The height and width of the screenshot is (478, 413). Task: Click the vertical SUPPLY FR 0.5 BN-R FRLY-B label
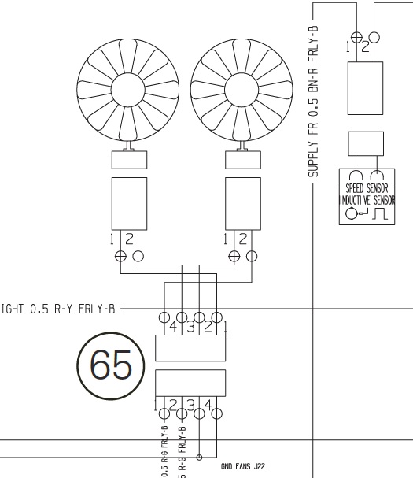[313, 102]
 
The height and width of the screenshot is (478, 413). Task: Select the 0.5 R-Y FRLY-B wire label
[71, 309]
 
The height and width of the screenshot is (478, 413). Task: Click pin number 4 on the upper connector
[172, 327]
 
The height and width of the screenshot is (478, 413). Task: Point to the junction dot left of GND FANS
[201, 457]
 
